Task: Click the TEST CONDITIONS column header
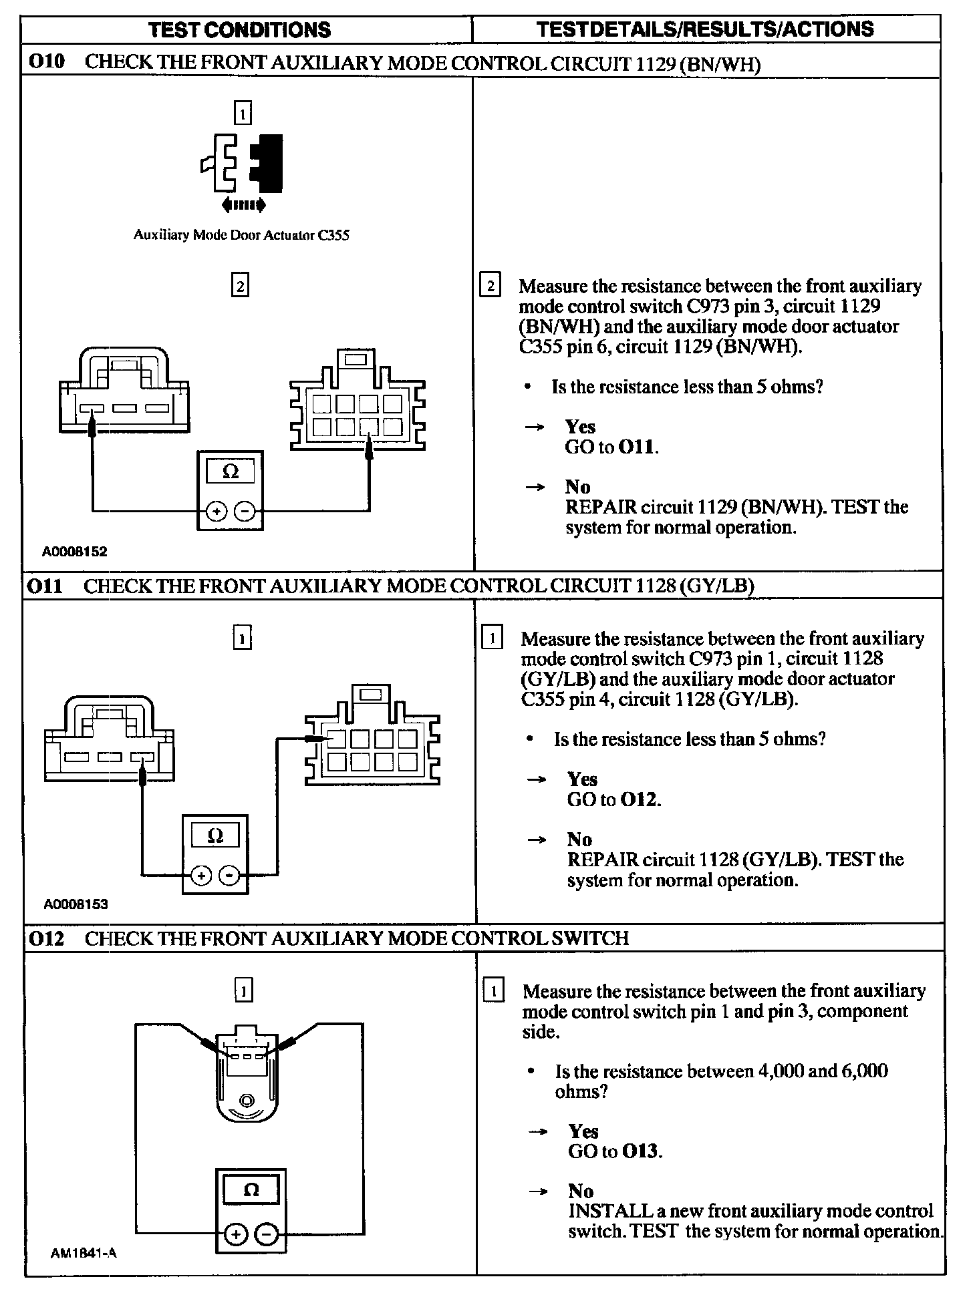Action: [239, 30]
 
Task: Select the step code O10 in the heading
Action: [47, 62]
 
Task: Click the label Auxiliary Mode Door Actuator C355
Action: [241, 235]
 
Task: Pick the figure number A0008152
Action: [75, 552]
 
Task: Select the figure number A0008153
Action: [76, 904]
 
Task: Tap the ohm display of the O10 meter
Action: [230, 472]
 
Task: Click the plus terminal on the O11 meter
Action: [201, 874]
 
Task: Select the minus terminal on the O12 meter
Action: [266, 1235]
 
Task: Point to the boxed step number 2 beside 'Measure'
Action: [490, 286]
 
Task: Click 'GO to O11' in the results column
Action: [611, 447]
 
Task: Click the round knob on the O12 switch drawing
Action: [246, 1101]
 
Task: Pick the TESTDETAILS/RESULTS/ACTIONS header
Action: [706, 29]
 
